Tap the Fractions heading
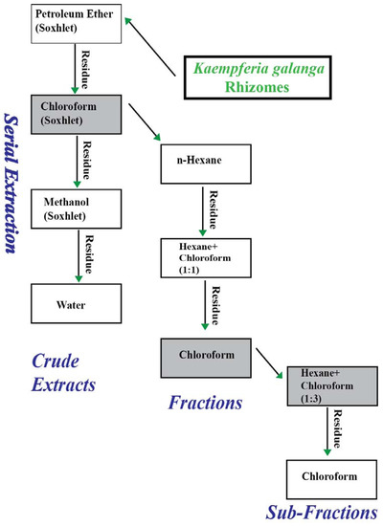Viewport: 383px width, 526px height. click(205, 403)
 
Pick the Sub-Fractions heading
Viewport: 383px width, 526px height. click(316, 514)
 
